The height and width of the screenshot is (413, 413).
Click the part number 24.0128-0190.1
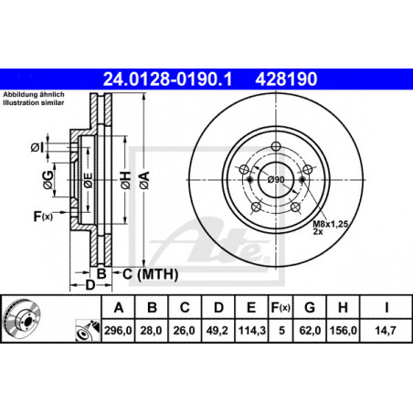(168, 79)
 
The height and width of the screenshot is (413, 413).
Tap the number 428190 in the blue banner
(286, 79)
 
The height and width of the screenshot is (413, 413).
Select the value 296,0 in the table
(118, 331)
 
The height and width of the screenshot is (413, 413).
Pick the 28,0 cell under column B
(151, 331)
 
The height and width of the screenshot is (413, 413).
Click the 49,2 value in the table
(217, 331)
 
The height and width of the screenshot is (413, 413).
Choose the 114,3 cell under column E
(251, 331)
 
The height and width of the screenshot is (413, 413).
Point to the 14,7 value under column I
(386, 331)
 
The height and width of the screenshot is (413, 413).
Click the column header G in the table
(310, 308)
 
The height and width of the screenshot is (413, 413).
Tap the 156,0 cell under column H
(343, 331)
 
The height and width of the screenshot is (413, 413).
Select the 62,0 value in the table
(310, 331)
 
